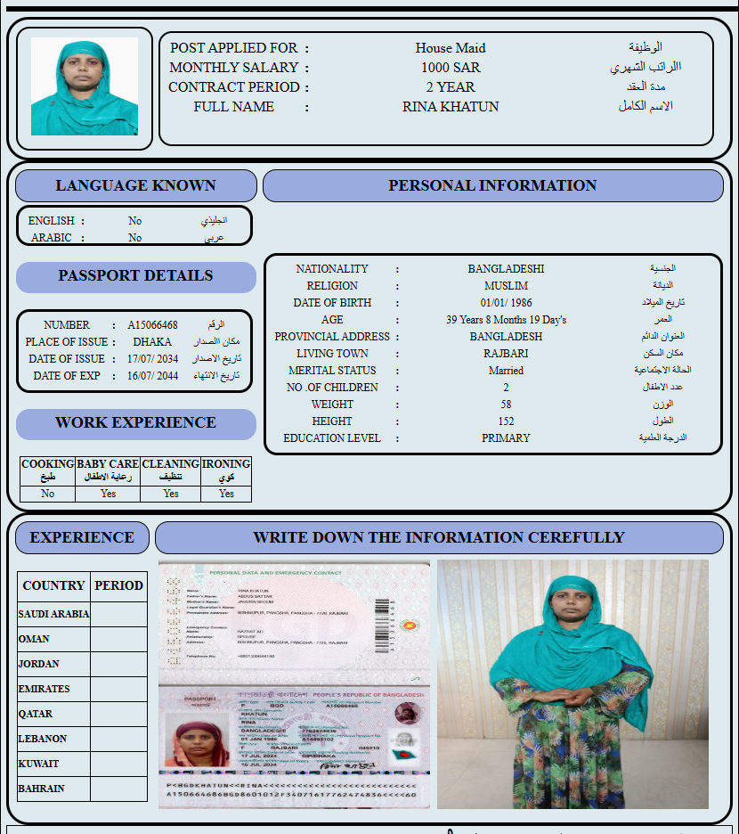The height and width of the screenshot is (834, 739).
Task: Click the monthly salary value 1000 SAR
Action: [451, 68]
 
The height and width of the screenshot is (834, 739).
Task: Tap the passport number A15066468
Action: [152, 325]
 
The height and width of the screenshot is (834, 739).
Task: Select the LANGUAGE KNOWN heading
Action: [135, 185]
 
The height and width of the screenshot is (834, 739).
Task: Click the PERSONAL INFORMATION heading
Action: [492, 185]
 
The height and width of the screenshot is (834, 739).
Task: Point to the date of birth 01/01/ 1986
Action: [506, 303]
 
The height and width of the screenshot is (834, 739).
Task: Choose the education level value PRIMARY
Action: [506, 438]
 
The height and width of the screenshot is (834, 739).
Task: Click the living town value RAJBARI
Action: [506, 354]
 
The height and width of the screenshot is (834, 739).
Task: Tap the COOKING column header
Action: [47, 470]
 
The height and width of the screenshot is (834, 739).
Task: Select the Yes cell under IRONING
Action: [226, 494]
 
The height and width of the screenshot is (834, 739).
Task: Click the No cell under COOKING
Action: [47, 494]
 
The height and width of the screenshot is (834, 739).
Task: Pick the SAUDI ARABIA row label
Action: [53, 614]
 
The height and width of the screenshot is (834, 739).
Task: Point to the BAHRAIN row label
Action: [41, 789]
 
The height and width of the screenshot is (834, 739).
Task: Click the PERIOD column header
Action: [118, 585]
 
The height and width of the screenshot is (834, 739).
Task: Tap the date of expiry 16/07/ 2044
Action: [152, 376]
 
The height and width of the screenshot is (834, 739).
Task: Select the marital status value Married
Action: [506, 371]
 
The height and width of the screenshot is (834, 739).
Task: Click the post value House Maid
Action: [451, 48]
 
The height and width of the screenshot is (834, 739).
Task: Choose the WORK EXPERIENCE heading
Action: [135, 423]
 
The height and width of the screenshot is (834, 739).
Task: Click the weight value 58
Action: [506, 405]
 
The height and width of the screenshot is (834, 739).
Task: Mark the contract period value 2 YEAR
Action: [451, 87]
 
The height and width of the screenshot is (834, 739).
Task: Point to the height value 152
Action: [506, 421]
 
